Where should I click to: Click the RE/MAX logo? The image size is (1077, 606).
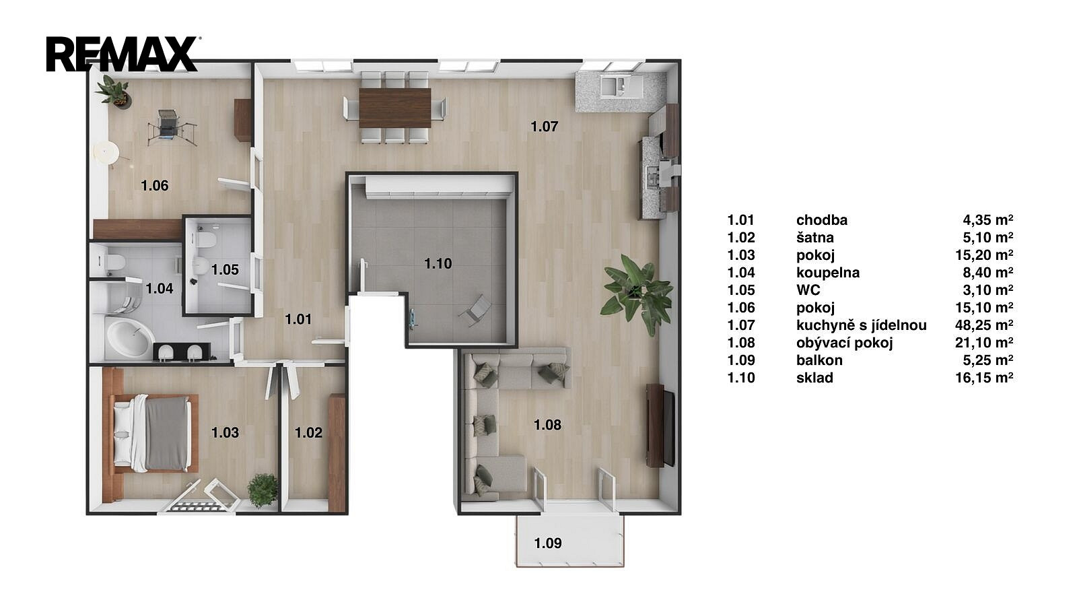click(123, 54)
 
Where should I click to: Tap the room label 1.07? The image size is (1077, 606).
click(545, 127)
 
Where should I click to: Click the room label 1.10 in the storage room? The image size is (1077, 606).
click(438, 263)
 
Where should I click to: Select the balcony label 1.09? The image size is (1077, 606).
click(548, 543)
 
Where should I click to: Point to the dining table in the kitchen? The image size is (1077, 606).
click(394, 108)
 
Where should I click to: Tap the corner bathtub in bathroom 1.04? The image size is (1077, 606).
click(128, 337)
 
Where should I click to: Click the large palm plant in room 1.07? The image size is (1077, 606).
click(637, 294)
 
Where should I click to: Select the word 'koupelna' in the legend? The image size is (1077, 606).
click(828, 273)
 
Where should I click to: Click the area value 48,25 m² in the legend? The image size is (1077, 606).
click(984, 325)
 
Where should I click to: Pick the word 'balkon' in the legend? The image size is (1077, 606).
click(819, 360)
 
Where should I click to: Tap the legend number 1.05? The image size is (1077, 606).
click(741, 290)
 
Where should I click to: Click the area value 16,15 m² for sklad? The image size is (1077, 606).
click(984, 378)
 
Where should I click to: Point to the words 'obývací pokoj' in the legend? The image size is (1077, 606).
click(844, 343)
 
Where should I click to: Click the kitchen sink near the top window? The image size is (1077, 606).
click(613, 87)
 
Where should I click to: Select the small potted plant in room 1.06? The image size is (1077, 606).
click(114, 90)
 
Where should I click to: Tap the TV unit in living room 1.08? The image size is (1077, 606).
click(660, 425)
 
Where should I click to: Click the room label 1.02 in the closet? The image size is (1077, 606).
click(309, 433)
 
